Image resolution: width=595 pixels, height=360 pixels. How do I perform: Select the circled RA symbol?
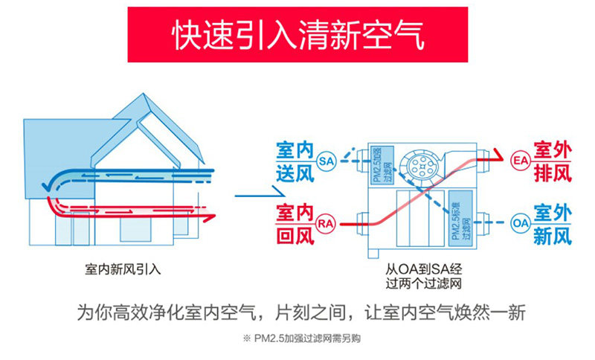[x=325, y=222]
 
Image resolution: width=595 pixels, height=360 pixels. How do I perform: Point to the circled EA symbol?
[x=520, y=160]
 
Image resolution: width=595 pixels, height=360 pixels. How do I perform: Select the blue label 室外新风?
[x=552, y=223]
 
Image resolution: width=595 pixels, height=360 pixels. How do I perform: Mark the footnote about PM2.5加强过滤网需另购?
[x=297, y=340]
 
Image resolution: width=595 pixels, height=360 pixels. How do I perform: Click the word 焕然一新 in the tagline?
[x=492, y=313]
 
